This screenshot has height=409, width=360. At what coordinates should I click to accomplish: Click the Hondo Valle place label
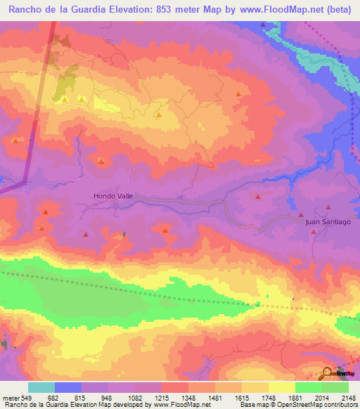(x=113, y=197)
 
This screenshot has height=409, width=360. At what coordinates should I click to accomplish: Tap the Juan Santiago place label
(x=328, y=221)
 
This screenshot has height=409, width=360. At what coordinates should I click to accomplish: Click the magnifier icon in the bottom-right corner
(x=327, y=373)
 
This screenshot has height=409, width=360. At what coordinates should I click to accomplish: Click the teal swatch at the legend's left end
(x=41, y=387)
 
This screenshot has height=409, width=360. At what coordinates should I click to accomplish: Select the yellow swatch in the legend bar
(x=282, y=387)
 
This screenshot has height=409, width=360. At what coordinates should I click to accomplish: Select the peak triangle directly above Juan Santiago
(x=328, y=208)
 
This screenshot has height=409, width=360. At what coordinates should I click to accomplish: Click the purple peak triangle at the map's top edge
(x=263, y=25)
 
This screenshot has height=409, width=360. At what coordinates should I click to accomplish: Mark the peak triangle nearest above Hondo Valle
(x=102, y=162)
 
